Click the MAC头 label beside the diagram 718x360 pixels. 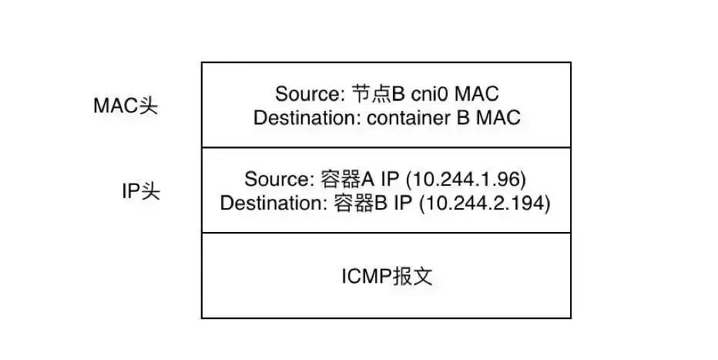click(126, 106)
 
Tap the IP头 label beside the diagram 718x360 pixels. click(141, 191)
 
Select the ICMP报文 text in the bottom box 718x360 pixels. click(387, 276)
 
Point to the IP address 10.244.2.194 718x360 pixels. click(485, 203)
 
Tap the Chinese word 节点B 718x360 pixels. click(378, 94)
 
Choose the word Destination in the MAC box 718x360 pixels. click(307, 118)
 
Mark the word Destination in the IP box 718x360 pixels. click(273, 203)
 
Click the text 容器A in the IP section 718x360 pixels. click(347, 179)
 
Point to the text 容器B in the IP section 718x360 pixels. click(361, 203)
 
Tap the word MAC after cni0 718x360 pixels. click(477, 94)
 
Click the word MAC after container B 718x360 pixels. click(498, 118)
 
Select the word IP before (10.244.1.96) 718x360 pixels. click(390, 179)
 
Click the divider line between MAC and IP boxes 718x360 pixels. click(387, 147)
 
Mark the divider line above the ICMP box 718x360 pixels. click(387, 233)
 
